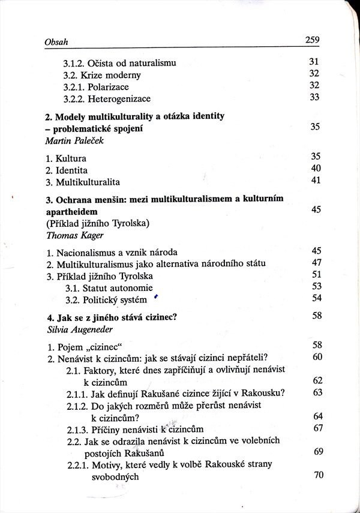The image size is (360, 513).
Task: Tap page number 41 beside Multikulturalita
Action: (x=316, y=181)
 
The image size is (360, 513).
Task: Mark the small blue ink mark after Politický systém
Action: (x=155, y=296)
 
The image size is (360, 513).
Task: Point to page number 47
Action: (x=317, y=263)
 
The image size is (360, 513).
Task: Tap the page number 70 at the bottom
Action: (x=318, y=475)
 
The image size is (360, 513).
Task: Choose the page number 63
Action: (x=317, y=393)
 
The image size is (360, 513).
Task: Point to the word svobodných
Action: (x=115, y=478)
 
